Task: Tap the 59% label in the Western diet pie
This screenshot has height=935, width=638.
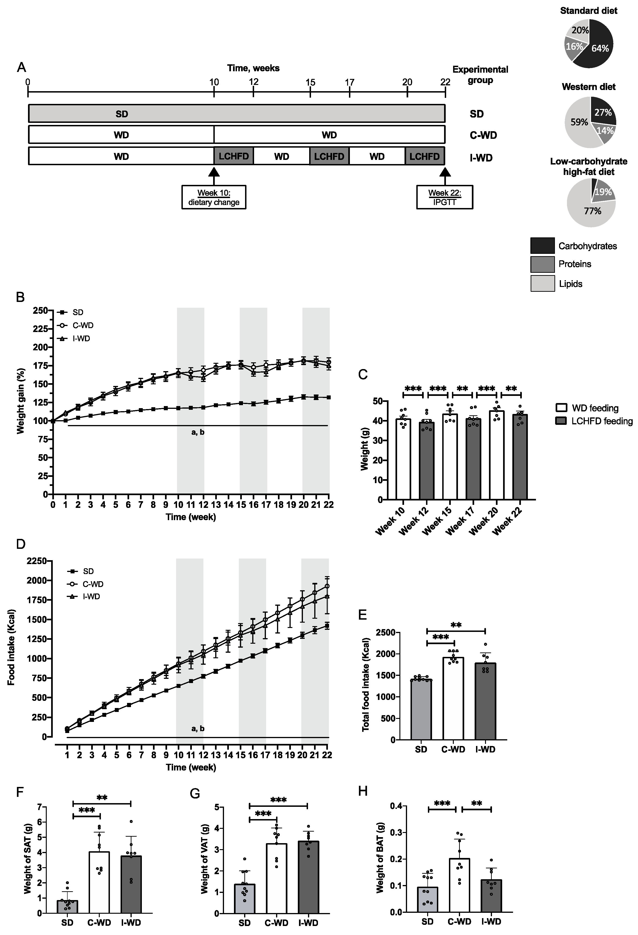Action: tap(579, 122)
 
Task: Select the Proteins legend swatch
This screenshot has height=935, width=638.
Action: tap(542, 264)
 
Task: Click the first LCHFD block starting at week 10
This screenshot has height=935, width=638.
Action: tap(234, 156)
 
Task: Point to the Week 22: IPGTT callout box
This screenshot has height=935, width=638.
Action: tap(445, 197)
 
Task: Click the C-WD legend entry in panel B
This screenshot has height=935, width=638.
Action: tap(82, 325)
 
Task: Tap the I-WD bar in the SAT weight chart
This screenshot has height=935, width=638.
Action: tap(131, 890)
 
